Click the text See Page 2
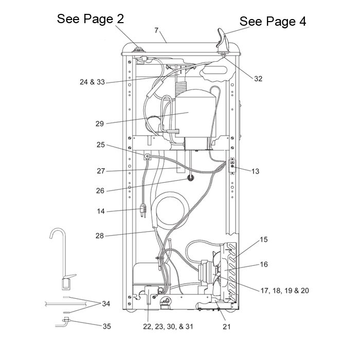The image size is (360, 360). (90, 19)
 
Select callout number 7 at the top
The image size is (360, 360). (156, 31)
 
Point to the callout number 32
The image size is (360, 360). (258, 79)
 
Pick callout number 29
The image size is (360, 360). (100, 123)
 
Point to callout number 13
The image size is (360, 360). (255, 171)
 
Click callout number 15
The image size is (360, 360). (264, 240)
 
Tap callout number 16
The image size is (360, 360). (264, 264)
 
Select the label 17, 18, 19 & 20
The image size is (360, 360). (285, 291)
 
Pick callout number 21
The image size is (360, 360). (227, 327)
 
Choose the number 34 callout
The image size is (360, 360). (106, 304)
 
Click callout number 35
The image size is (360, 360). (106, 326)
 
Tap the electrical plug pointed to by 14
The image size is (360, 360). (143, 209)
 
